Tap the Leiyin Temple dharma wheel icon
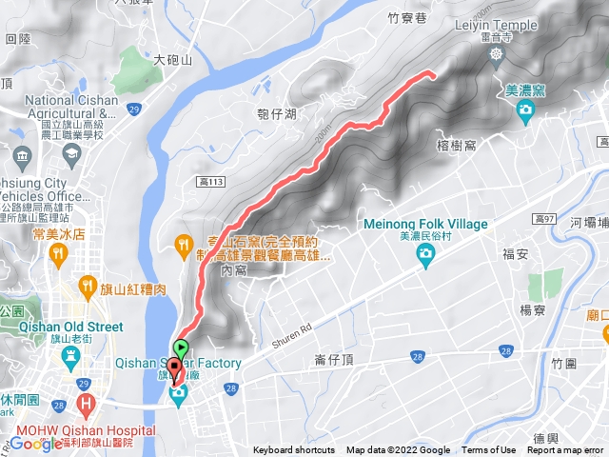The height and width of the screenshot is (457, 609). (x=497, y=53)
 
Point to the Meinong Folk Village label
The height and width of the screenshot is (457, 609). (x=425, y=224)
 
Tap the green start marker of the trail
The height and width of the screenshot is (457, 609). (x=182, y=349)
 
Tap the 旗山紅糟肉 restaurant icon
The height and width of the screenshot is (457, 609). (x=88, y=284)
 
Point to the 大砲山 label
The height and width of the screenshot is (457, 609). (x=173, y=59)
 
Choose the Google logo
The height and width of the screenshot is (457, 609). (x=36, y=443)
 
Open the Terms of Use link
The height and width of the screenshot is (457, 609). (x=488, y=450)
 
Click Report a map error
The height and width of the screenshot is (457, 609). (x=567, y=450)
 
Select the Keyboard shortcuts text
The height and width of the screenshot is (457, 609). (x=294, y=450)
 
